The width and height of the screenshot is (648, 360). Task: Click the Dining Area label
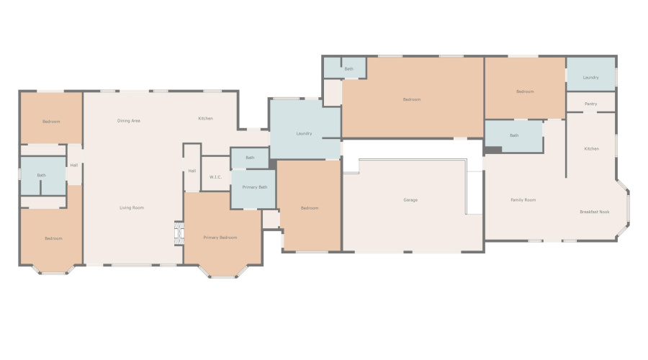tap(128, 121)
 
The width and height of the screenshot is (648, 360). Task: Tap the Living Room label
tap(132, 208)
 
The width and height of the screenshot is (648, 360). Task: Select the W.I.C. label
tap(215, 177)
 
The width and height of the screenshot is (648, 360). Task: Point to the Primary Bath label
tap(255, 187)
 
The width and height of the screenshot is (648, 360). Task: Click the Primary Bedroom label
tap(220, 238)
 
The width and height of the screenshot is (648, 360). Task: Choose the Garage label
tap(410, 200)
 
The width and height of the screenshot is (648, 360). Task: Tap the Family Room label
tap(523, 200)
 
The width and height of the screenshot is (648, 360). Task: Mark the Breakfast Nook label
tap(595, 212)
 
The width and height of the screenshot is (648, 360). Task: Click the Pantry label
tap(590, 104)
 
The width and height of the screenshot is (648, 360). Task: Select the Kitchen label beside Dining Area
tap(205, 119)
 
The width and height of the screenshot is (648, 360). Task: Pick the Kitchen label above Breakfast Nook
tap(591, 149)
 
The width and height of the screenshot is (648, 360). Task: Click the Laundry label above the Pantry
tap(591, 78)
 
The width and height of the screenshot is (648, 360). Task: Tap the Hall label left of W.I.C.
tap(192, 171)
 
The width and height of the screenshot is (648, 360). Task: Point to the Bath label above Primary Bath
tap(250, 158)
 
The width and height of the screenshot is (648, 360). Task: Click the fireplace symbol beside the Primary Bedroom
tap(179, 234)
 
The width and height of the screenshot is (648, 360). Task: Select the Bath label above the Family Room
tap(514, 135)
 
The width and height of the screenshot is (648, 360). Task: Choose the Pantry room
tap(590, 102)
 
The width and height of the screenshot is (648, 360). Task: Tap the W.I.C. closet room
tap(215, 174)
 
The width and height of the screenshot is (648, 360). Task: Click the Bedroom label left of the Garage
tap(309, 208)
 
